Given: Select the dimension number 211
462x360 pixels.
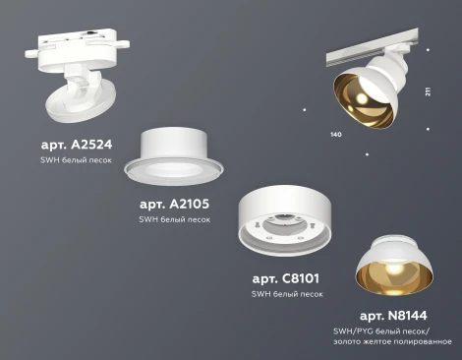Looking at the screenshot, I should (x=428, y=92).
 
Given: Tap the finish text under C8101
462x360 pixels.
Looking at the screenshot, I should (x=286, y=294).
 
